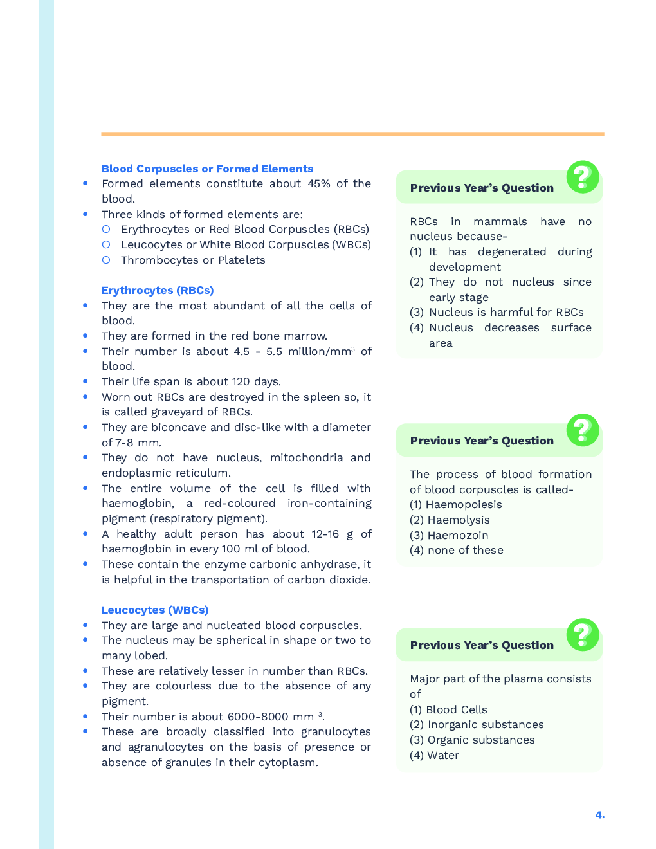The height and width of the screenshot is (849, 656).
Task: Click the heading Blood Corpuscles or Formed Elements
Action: [x=207, y=169]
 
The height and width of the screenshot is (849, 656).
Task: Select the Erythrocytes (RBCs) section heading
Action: [x=158, y=290]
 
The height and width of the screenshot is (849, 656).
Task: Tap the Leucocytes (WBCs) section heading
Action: [x=155, y=610]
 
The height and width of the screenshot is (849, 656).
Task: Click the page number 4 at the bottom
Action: [x=599, y=815]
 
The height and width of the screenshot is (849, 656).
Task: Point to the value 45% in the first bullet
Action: [x=319, y=183]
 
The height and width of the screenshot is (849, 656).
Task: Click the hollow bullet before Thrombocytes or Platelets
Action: [x=106, y=260]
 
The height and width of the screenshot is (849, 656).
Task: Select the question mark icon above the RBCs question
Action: [x=583, y=177]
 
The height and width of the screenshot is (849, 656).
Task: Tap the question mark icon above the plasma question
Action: [x=583, y=635]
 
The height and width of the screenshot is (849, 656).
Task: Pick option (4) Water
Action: [x=435, y=755]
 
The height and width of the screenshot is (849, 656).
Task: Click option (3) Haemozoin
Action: [x=449, y=535]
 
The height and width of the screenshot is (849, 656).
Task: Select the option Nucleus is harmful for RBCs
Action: [x=506, y=312]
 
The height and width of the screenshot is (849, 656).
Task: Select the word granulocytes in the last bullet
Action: [x=336, y=731]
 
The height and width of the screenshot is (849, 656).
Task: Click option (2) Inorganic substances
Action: [x=477, y=724]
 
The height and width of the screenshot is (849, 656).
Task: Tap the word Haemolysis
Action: [x=459, y=520]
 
